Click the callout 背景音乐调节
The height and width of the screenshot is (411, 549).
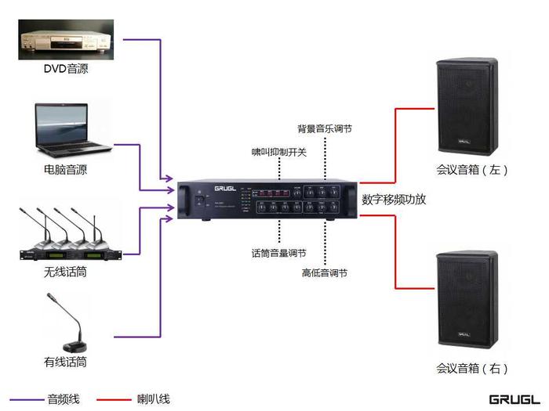[324, 128]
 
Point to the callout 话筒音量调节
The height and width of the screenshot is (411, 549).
[278, 254]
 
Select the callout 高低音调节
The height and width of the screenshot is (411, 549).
[325, 273]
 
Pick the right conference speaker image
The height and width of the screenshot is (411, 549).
[467, 298]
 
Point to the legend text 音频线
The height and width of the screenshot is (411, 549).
[62, 399]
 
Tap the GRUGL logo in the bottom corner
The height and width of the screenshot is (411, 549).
[514, 399]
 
